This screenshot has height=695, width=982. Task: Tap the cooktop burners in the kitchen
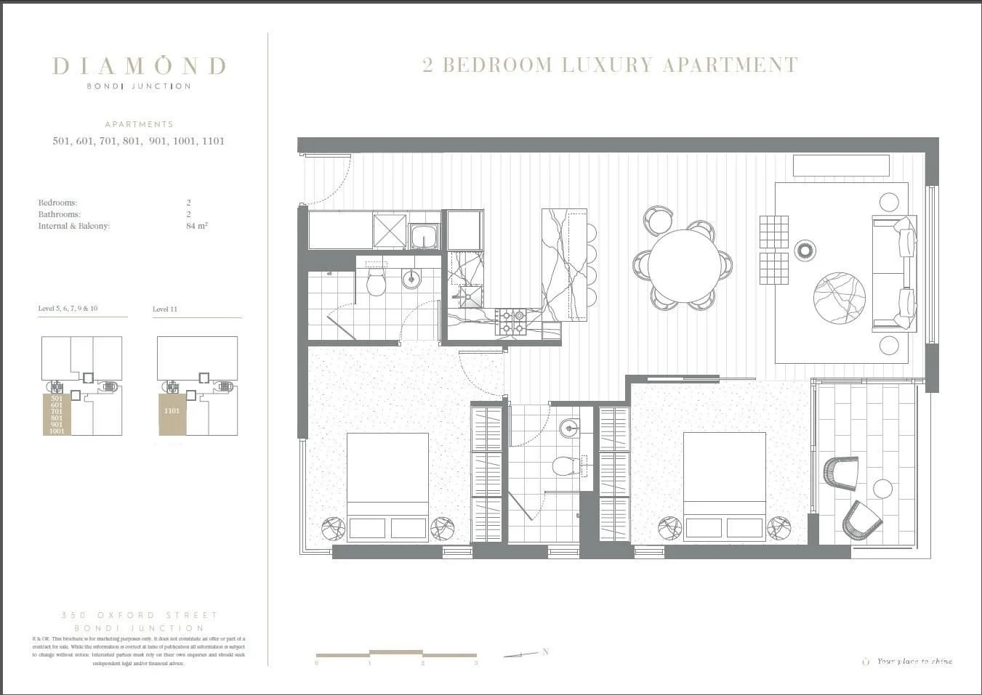[x=510, y=322]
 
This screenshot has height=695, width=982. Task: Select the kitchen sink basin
[x=424, y=237]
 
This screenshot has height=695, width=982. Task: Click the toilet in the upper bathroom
[x=376, y=283]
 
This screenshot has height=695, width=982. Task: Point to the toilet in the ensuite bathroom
[x=564, y=466]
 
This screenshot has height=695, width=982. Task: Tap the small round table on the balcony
[x=882, y=489]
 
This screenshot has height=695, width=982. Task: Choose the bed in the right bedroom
[x=724, y=485]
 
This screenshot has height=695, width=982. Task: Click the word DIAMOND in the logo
[x=139, y=66]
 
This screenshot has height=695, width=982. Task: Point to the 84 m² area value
[x=196, y=226]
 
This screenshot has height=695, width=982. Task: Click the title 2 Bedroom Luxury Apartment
[x=610, y=65]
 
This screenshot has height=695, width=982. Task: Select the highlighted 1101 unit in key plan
[x=172, y=412]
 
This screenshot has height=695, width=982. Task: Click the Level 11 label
[x=165, y=309]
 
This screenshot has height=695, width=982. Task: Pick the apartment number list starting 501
[x=138, y=141]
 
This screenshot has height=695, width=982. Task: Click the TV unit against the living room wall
[x=841, y=166]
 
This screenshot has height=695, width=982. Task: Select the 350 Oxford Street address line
[x=140, y=615]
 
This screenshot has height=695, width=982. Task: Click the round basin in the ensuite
[x=569, y=428]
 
